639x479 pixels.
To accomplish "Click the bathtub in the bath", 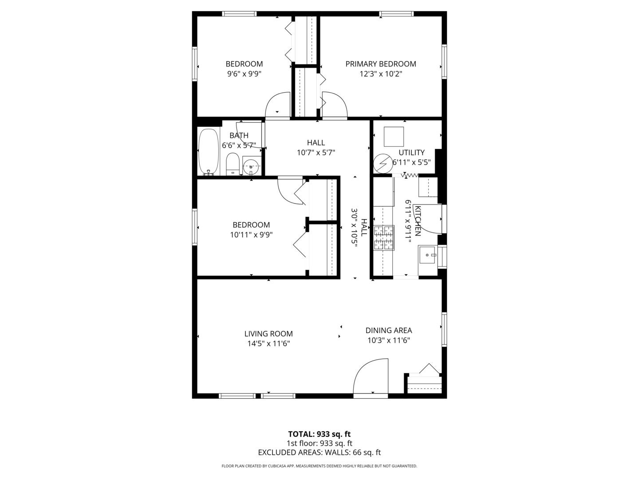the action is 209,152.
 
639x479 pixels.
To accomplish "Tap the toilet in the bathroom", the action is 233,164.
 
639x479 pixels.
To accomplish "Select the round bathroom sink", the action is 251,166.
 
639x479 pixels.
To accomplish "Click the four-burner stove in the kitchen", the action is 384,238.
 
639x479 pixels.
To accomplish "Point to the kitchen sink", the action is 427,255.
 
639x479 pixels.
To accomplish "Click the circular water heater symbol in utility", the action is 383,163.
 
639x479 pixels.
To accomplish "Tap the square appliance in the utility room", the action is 394,137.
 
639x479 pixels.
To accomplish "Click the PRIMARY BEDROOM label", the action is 381,64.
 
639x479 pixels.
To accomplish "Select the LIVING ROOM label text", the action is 268,334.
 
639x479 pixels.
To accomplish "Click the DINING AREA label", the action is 389,330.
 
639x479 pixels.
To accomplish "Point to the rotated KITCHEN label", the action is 418,221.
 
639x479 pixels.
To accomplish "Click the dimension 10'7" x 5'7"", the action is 316,153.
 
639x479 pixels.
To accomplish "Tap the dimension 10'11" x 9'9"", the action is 251,235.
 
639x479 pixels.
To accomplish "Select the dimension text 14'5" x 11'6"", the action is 268,343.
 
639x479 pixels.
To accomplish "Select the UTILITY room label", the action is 411,153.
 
